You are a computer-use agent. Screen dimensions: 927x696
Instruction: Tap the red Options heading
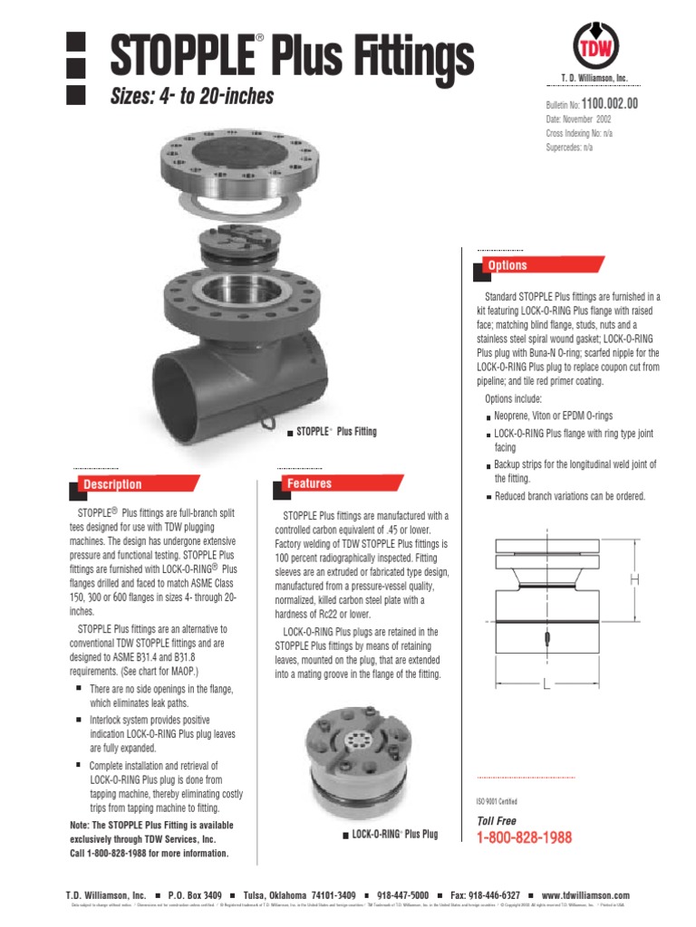click(507, 265)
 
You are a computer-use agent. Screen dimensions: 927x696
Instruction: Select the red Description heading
click(112, 484)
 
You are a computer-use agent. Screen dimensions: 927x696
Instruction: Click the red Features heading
click(310, 483)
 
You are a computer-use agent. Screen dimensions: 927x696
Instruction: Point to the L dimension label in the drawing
click(546, 685)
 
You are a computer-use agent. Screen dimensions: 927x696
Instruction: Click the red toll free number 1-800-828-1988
click(524, 838)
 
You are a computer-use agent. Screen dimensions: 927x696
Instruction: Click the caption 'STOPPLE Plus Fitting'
click(332, 432)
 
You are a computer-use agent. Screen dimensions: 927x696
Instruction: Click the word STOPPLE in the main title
click(178, 56)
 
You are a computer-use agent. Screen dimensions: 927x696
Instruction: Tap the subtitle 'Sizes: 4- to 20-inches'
click(191, 97)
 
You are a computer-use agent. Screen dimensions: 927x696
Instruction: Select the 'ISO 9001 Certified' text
click(498, 801)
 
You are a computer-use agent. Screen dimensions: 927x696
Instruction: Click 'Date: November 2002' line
click(585, 119)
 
